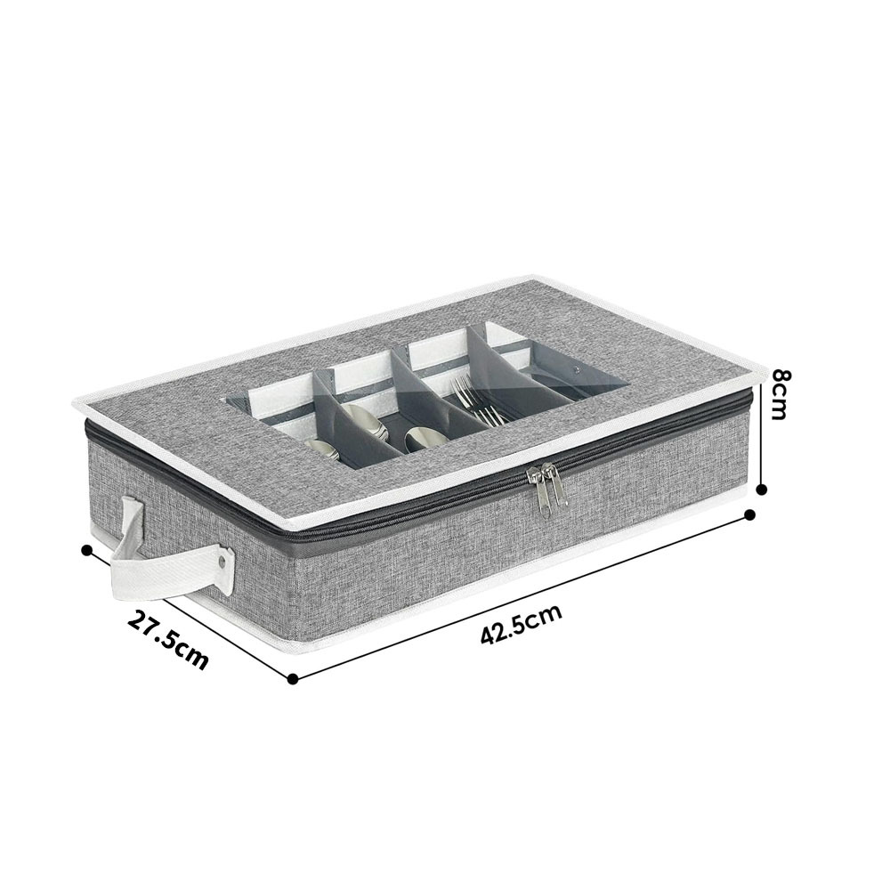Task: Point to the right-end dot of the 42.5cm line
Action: click(749, 514)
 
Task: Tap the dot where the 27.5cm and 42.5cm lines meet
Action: click(293, 677)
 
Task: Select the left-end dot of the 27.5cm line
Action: click(87, 549)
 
